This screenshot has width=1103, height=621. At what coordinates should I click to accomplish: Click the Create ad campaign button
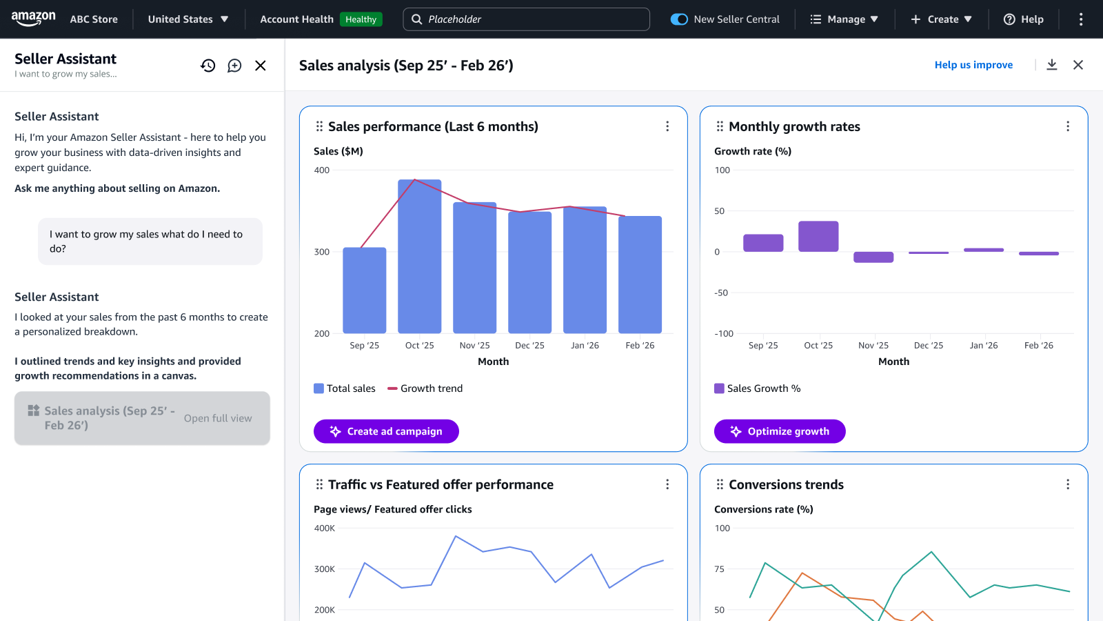(x=386, y=431)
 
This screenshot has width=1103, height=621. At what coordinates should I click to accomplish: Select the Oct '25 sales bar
(x=419, y=257)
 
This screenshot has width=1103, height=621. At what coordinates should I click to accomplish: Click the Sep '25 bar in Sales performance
(x=364, y=290)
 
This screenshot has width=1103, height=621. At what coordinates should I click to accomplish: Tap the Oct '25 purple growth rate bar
(x=818, y=237)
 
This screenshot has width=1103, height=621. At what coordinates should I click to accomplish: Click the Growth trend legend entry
(x=425, y=388)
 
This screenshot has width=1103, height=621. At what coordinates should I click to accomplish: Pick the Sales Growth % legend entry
(x=758, y=388)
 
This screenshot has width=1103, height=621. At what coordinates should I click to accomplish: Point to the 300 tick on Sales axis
(x=322, y=252)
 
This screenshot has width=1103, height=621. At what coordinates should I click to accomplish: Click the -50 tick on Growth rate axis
(x=721, y=293)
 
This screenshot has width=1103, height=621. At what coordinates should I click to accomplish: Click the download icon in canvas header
(x=1052, y=65)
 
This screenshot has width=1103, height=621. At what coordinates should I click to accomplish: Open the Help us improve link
(x=973, y=65)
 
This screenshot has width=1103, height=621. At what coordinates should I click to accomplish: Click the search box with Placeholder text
(x=526, y=19)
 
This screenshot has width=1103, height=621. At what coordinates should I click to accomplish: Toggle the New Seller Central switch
(x=679, y=19)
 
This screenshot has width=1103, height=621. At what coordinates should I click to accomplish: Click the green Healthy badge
(x=361, y=19)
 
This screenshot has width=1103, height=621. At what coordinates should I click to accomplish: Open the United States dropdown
(x=188, y=19)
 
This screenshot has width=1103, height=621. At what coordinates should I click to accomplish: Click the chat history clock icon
(x=208, y=66)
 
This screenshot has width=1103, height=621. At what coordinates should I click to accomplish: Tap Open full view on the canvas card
(x=218, y=418)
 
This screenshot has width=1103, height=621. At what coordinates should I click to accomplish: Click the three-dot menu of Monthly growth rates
(x=1068, y=126)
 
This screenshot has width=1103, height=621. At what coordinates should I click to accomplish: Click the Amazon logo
(x=33, y=19)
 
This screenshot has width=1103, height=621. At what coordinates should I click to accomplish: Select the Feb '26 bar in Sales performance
(x=640, y=275)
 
